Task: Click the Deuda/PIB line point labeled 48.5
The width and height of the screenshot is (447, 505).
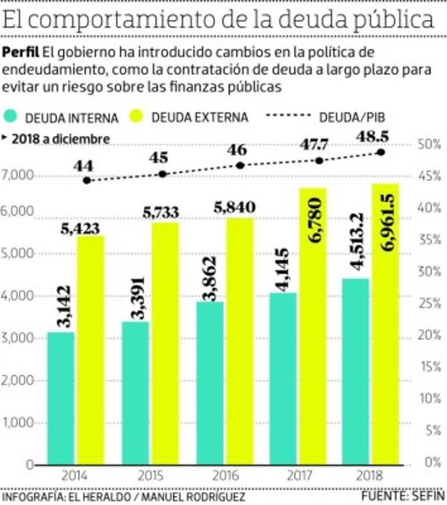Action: [x=381, y=152]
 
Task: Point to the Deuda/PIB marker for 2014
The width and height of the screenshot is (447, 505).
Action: [x=86, y=180]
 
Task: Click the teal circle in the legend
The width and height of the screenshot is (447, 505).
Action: [x=13, y=117]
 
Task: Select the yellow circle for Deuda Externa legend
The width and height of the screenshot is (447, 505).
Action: [x=142, y=117]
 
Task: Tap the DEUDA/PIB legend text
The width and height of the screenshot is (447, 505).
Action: [x=352, y=117]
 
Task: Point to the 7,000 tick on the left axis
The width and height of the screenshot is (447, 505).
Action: [x=18, y=176]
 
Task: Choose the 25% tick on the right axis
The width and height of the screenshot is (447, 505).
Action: [x=431, y=304]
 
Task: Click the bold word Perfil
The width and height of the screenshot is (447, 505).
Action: [x=20, y=53]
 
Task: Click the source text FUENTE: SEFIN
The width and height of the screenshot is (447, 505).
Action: [x=403, y=497]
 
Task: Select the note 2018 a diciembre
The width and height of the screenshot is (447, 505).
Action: [x=60, y=139]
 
